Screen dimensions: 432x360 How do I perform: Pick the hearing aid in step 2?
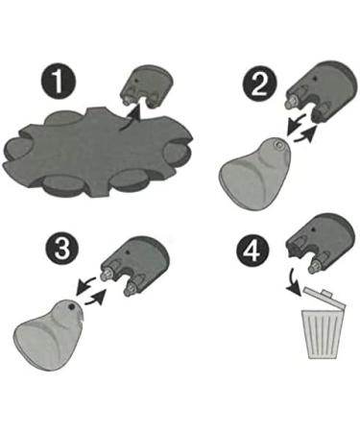253,170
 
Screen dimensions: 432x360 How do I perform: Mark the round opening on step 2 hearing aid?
276,145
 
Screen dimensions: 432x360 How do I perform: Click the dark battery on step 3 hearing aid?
72,306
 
